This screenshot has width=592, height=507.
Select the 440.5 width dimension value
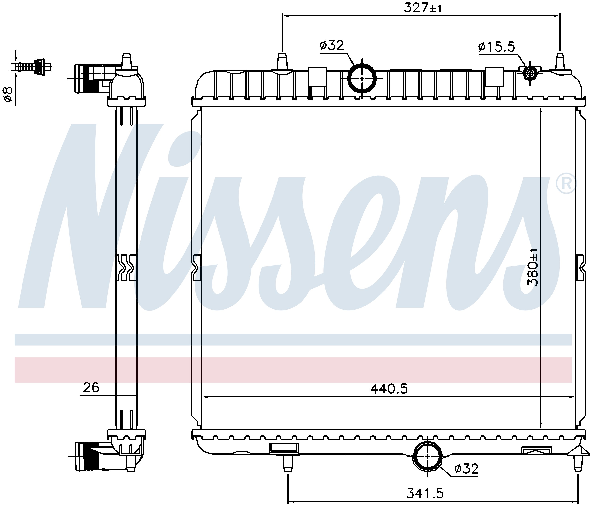pyautogui.click(x=389, y=389)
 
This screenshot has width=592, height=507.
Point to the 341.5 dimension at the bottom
pyautogui.click(x=425, y=493)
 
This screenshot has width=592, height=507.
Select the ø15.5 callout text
pyautogui.click(x=496, y=47)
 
